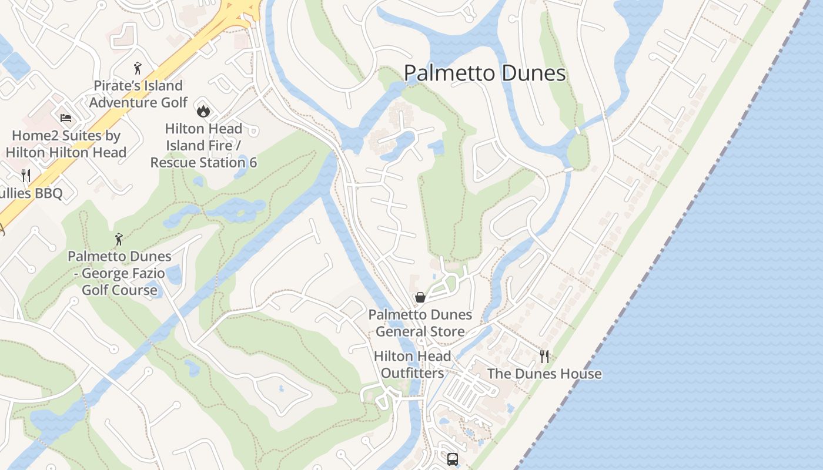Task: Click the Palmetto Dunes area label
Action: tap(484, 73)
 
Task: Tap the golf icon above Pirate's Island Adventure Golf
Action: tap(138, 69)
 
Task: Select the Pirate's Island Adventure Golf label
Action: tap(138, 94)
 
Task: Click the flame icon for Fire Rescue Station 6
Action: tap(203, 111)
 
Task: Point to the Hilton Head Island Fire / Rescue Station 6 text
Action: tap(203, 145)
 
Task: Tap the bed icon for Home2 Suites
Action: tap(66, 118)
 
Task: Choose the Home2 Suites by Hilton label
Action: tap(66, 144)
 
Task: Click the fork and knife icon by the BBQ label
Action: tap(26, 175)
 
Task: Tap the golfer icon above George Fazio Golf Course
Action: tap(119, 239)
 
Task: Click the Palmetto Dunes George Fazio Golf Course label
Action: tap(119, 273)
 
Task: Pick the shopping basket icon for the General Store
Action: tap(420, 297)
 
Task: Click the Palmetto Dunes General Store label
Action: tap(420, 323)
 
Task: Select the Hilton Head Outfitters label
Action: tap(413, 364)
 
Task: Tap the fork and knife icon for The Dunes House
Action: tap(544, 356)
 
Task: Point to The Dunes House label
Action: tap(544, 374)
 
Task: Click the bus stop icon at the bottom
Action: tap(452, 459)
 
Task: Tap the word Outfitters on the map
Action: tap(413, 373)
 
